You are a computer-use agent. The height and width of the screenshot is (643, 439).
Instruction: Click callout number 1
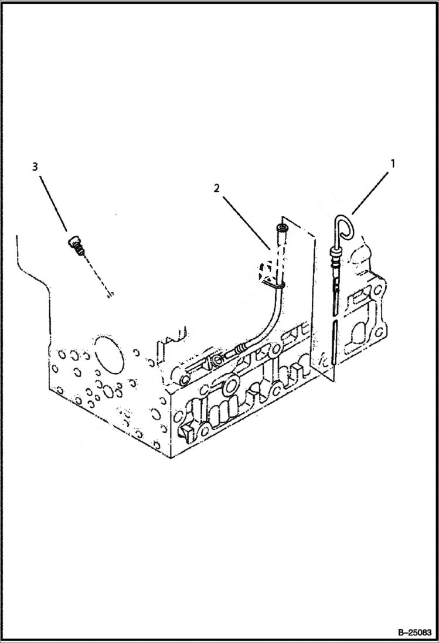[x=393, y=164]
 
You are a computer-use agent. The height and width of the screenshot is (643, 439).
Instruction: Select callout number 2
[x=217, y=188]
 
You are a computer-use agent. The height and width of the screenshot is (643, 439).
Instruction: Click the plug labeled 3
[x=76, y=244]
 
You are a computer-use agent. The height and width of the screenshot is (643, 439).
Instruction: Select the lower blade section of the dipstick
[x=332, y=346]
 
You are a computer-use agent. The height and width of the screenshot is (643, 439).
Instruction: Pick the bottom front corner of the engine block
[x=171, y=457]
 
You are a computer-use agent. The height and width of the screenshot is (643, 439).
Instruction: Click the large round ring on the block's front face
[x=230, y=385]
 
